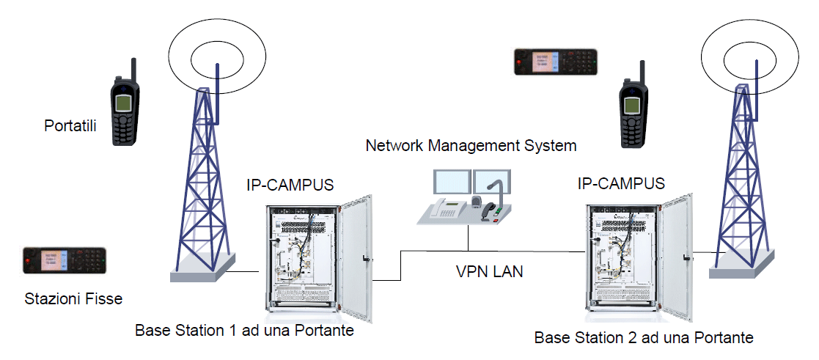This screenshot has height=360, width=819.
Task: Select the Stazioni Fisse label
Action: [73, 298]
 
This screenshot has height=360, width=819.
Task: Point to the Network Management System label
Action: [471, 145]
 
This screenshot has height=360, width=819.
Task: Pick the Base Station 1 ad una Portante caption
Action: [244, 330]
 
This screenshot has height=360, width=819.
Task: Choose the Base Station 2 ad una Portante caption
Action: [644, 338]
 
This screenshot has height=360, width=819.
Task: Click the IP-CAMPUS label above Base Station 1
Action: [290, 185]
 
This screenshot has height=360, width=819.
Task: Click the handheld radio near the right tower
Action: [631, 110]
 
